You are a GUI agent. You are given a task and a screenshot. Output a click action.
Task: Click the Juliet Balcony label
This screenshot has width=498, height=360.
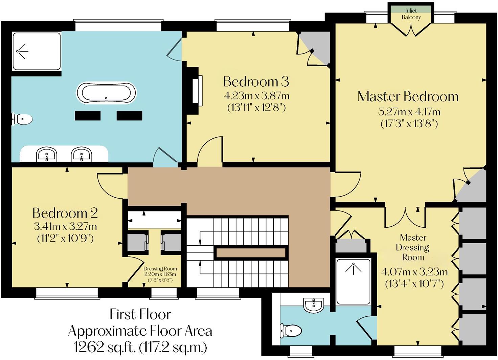point(411,14)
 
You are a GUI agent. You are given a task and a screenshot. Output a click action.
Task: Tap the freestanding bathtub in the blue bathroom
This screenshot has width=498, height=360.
point(107,93)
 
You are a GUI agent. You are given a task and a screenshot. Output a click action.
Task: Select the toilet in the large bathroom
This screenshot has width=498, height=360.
point(23,119)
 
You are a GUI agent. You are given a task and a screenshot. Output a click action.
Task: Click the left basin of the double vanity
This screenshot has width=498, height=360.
point(47,155)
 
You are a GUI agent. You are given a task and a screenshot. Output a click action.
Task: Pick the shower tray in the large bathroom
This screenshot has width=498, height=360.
point(36,51)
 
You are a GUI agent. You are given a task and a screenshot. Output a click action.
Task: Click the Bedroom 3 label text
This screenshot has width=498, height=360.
point(256,82)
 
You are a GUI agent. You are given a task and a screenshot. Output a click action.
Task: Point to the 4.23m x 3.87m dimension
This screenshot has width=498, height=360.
point(256,96)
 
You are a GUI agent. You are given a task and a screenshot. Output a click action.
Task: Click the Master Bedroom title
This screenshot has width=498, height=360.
point(408,96)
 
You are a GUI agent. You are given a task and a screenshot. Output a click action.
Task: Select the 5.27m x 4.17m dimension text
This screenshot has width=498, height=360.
point(409,111)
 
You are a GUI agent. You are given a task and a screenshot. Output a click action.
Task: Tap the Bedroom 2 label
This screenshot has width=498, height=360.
point(65,213)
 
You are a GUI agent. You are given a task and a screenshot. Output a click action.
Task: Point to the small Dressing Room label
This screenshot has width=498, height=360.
point(160,269)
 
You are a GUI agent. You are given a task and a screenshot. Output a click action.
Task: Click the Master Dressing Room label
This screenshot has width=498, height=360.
point(413,247)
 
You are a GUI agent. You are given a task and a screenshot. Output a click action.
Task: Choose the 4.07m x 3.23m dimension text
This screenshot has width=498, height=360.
point(414,272)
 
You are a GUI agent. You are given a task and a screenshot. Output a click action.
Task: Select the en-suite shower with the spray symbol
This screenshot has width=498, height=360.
point(353,282)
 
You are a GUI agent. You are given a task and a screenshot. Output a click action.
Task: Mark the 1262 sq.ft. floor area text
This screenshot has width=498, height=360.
point(140,347)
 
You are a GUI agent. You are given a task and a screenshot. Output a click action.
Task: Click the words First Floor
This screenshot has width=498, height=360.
point(140,314)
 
